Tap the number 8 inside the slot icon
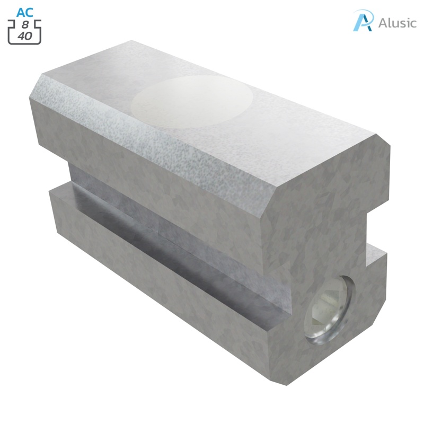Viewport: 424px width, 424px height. tap(24, 25)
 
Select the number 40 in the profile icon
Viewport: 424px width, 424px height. tap(24, 37)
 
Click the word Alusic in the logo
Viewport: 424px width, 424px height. tap(397, 23)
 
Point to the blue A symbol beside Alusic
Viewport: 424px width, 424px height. tap(364, 21)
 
